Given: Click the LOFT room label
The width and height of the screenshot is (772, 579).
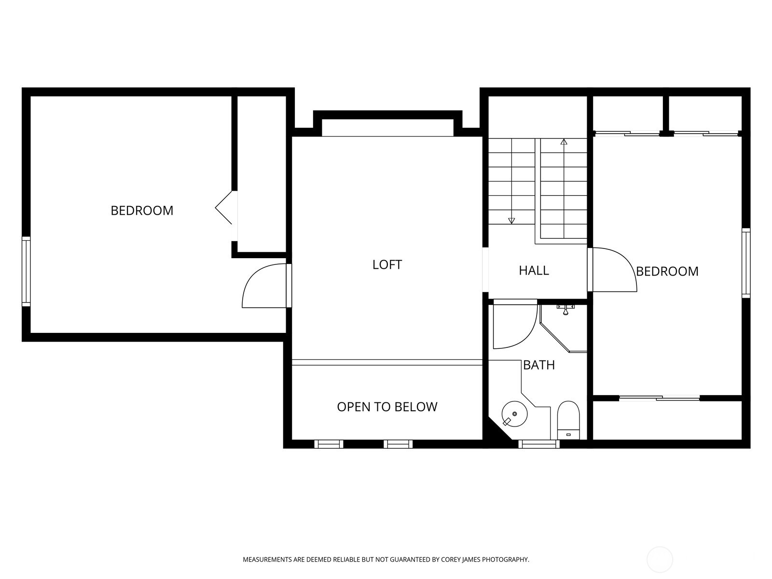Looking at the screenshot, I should click(387, 264).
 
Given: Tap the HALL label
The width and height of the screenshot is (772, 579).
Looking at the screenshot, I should click(534, 270).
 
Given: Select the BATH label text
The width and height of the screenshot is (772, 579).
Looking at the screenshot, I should click(539, 365).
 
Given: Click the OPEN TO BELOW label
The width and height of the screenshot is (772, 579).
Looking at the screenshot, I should click(387, 407).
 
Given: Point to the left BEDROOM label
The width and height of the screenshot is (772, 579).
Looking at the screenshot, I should click(142, 210).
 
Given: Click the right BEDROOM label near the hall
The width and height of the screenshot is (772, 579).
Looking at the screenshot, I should click(667, 271).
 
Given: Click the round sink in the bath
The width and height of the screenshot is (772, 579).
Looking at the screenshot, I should click(514, 414).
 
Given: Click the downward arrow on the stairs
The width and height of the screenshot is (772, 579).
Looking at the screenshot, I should click(511, 221).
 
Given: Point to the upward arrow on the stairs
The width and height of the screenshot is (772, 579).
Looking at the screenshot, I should click(564, 142).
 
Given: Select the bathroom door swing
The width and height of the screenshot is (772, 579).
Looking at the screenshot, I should click(514, 324).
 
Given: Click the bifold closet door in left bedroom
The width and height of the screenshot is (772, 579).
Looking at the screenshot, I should click(224, 207).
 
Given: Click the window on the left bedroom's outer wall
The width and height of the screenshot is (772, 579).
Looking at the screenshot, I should click(26, 271).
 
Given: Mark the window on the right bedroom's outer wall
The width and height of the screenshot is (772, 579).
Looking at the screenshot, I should click(746, 263).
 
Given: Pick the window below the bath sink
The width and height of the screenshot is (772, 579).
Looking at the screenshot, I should click(539, 444).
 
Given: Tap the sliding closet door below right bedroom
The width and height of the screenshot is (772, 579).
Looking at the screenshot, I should click(659, 398).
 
